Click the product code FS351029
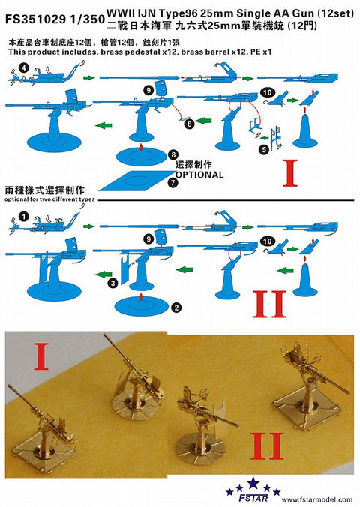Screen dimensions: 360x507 coord(35,19)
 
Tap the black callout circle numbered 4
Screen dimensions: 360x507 coord(24,67)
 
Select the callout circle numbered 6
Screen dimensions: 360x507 coord(190,124)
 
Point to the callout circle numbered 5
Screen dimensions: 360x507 coord(265,149)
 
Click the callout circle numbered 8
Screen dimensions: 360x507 coord(172,154)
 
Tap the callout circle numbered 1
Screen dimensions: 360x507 coord(24,217)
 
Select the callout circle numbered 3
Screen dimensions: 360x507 coord(113,283)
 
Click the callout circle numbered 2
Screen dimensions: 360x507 coord(176,307)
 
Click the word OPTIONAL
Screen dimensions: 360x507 coord(199,175)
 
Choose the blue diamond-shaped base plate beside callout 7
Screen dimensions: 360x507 coord(137,181)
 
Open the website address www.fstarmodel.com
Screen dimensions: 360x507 coord(317,499)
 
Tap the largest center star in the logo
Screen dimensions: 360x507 coord(253,484)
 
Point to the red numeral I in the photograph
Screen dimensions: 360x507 coord(41,356)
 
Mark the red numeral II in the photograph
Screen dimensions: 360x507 coord(267,446)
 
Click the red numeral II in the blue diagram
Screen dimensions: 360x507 coord(269,304)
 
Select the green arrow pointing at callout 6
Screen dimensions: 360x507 coord(203,121)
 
